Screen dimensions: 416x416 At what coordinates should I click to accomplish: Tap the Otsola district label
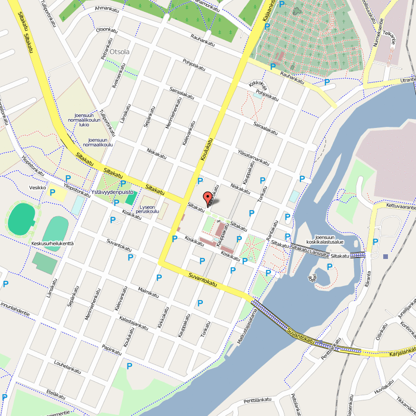point(119,51)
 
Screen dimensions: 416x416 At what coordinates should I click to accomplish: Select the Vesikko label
point(38,188)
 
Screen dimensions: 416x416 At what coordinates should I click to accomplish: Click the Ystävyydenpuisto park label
point(112,192)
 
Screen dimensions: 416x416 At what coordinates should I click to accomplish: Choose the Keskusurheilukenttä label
point(53,243)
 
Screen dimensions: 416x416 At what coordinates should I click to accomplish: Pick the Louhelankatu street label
point(67,366)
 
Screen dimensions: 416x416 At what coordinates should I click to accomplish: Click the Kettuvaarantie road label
point(401,206)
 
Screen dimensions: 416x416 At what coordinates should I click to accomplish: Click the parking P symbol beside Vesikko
point(53,192)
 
